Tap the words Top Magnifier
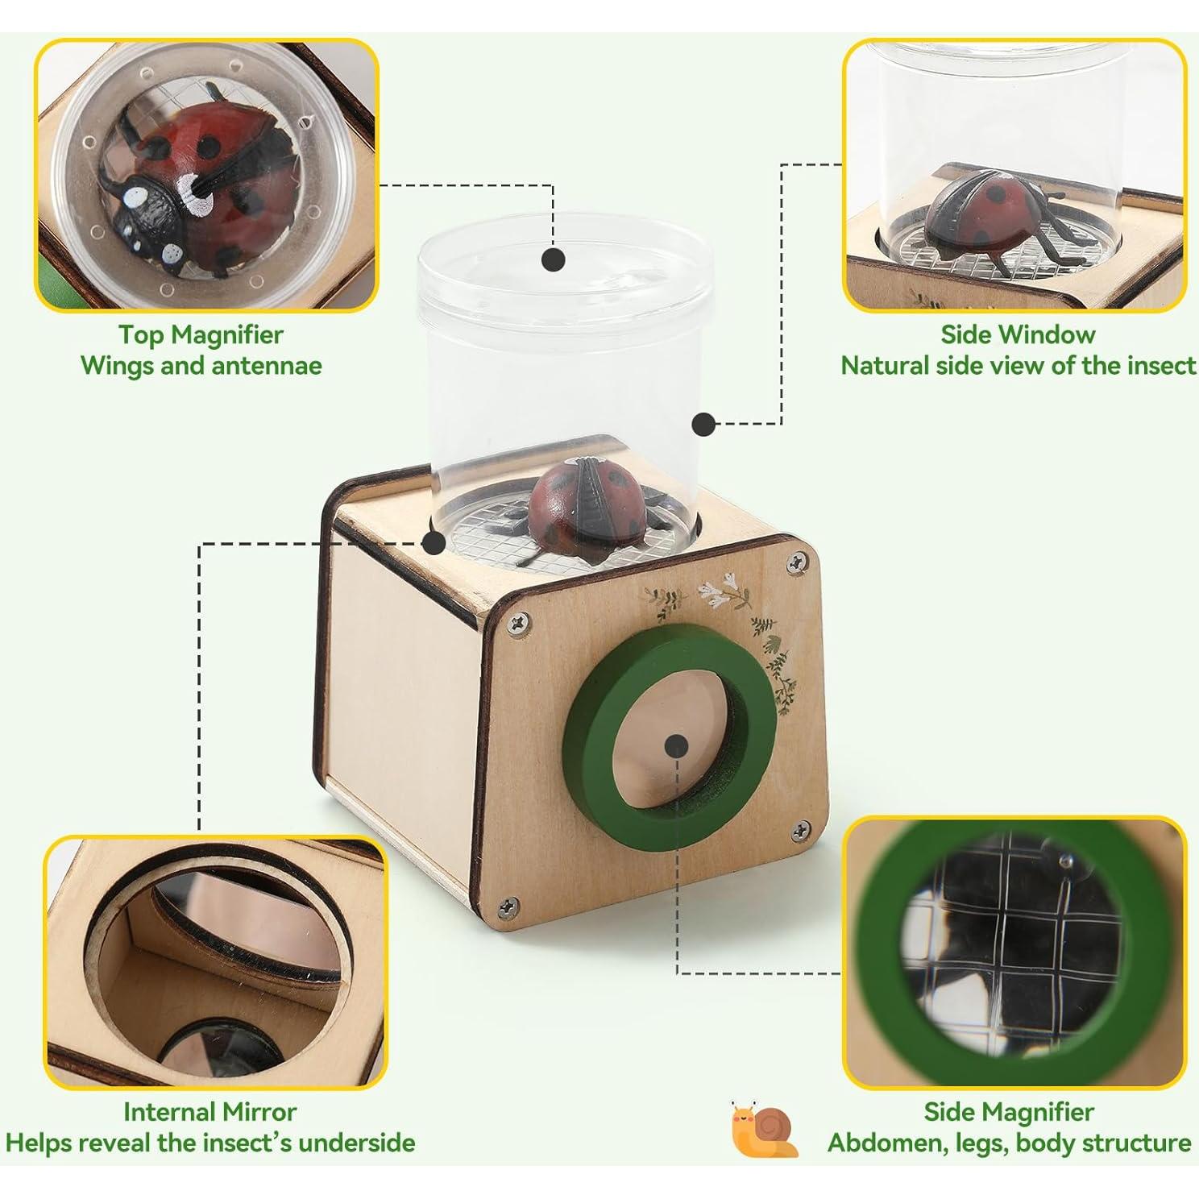(x=201, y=334)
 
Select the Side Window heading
(x=1018, y=334)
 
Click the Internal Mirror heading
(x=210, y=1112)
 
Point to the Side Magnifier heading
(x=1009, y=1112)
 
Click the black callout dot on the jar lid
(x=553, y=259)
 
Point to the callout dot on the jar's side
(x=703, y=423)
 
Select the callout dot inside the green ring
(x=677, y=745)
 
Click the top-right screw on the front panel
(x=798, y=562)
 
